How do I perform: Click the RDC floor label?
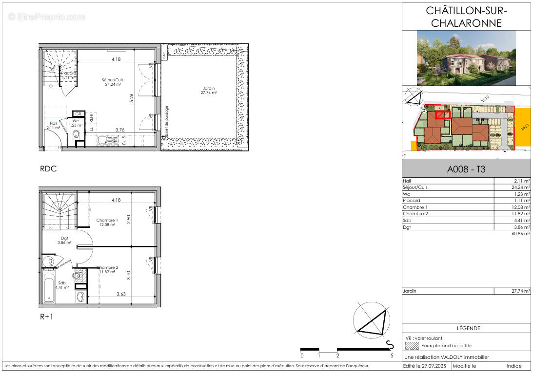48,169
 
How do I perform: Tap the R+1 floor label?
47,316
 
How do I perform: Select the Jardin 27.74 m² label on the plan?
208,90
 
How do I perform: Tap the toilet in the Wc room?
76,134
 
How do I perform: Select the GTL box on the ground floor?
78,114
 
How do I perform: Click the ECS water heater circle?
49,262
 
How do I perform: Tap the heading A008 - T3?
466,170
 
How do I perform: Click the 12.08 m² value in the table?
520,207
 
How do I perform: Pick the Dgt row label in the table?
407,227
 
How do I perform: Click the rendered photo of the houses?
466,58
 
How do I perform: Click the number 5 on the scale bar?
392,356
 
